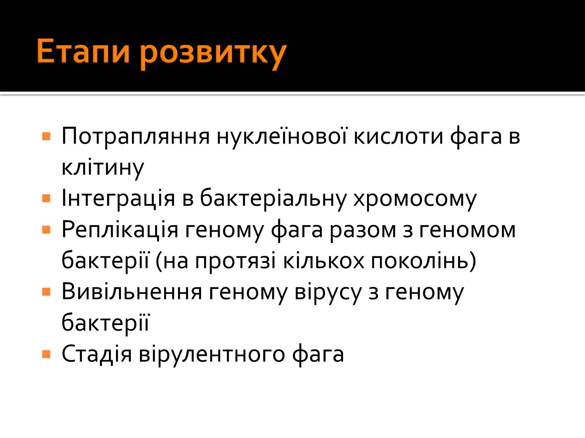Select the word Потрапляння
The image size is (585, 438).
(x=136, y=137)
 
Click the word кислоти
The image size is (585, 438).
(x=399, y=137)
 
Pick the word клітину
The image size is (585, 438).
(x=103, y=168)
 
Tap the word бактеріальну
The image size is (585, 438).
(x=273, y=199)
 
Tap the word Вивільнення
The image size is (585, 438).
(x=132, y=292)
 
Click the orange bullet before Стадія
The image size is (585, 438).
(x=46, y=354)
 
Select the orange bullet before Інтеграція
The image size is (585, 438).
(x=46, y=199)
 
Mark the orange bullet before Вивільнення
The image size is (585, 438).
(x=46, y=292)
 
